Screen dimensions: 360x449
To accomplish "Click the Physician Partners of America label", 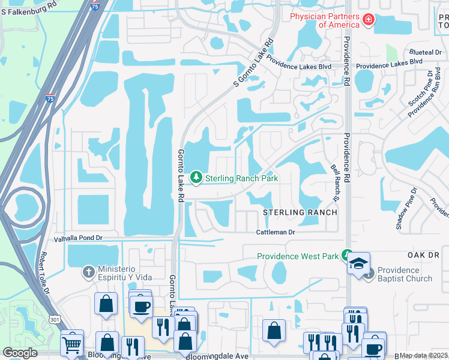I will pyautogui.click(x=325, y=20).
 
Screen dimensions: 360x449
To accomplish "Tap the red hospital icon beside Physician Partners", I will pyautogui.click(x=367, y=21).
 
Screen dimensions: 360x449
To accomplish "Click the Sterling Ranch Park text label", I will pyautogui.click(x=241, y=178).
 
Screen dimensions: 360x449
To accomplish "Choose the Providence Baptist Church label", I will pyautogui.click(x=405, y=274).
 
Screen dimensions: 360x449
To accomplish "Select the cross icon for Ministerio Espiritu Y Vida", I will pyautogui.click(x=88, y=272).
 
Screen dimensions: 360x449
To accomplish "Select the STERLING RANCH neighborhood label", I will pyautogui.click(x=299, y=213).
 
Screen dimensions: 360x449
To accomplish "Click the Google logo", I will pyautogui.click(x=20, y=353).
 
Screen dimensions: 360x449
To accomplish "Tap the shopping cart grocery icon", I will pyautogui.click(x=72, y=344).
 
